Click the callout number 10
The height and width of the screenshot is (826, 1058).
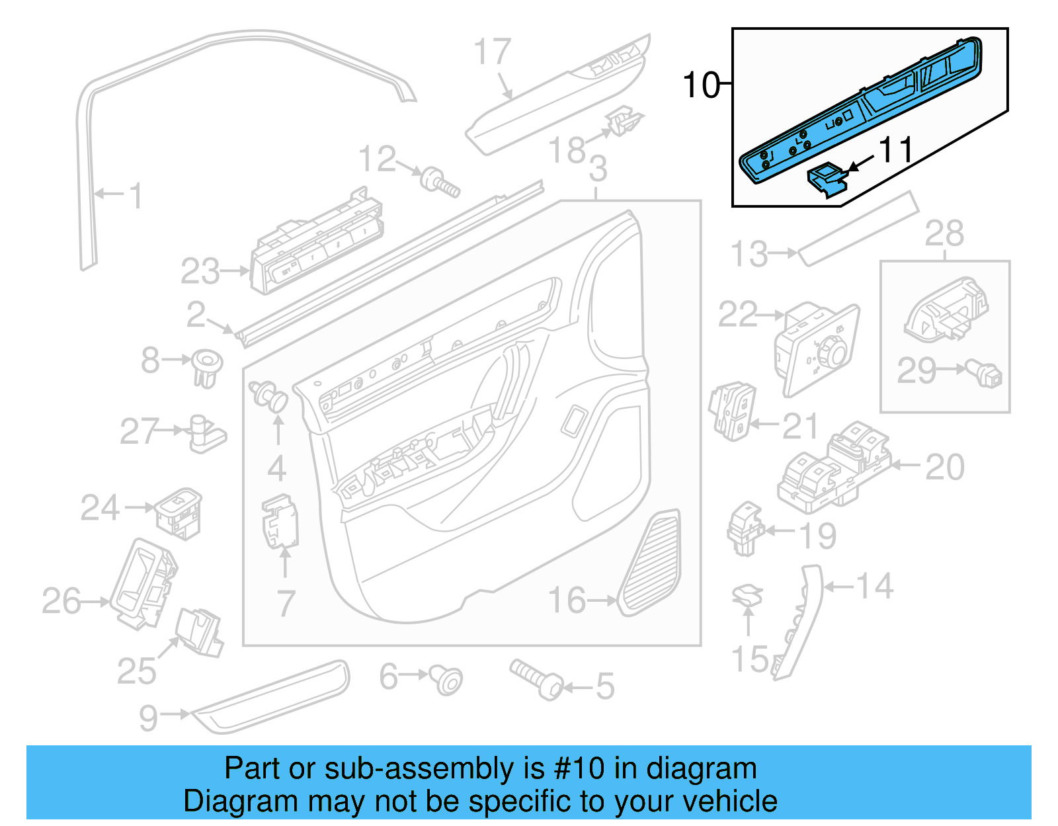click(x=701, y=86)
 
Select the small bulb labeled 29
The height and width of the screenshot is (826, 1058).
click(x=986, y=374)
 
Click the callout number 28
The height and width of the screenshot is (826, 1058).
click(x=944, y=233)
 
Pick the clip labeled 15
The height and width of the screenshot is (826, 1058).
click(x=747, y=596)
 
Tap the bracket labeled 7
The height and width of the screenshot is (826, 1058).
click(x=281, y=522)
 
